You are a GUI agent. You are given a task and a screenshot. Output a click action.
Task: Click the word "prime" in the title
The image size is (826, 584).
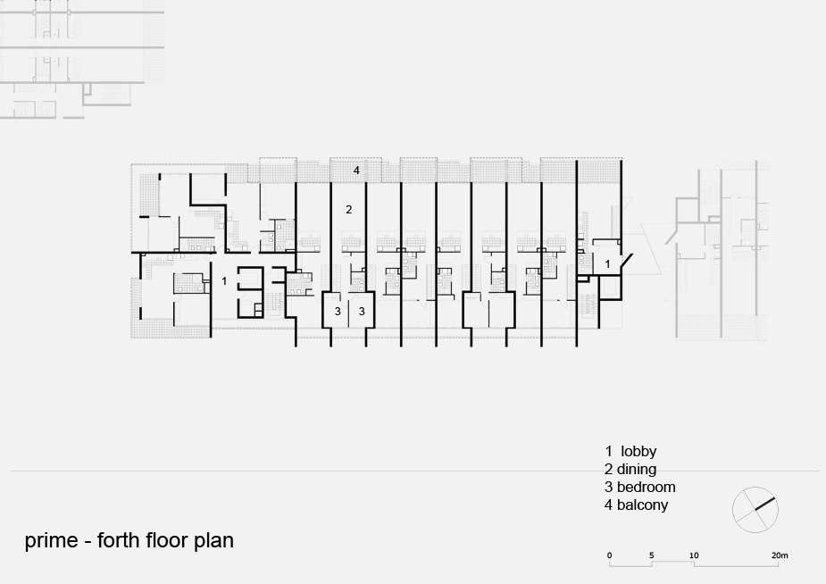(x=51, y=541)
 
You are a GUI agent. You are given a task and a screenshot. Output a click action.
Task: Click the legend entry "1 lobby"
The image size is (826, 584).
(x=630, y=451)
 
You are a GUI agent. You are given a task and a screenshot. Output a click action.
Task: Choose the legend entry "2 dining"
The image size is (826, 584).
(x=630, y=469)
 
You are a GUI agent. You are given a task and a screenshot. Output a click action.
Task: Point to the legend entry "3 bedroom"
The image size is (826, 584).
(x=640, y=487)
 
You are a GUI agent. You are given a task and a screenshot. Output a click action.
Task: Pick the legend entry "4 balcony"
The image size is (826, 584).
(x=637, y=505)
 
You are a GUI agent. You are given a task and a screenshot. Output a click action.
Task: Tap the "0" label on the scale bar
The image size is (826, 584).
(x=610, y=555)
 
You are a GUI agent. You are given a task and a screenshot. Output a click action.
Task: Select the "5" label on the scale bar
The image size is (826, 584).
(x=652, y=555)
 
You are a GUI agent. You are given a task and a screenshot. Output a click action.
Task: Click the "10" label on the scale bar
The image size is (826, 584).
(x=694, y=555)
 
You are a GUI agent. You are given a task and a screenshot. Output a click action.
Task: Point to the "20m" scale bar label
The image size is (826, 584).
(x=780, y=555)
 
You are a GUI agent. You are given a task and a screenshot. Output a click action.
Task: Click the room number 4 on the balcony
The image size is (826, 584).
(x=356, y=170)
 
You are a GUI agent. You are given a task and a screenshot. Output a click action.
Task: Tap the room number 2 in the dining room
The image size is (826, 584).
(x=349, y=210)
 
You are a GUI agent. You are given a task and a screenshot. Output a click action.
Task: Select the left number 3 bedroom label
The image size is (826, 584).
(x=338, y=312)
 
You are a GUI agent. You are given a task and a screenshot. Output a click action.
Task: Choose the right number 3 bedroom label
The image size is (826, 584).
(x=362, y=312)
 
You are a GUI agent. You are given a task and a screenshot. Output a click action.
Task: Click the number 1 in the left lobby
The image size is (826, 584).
(x=224, y=281)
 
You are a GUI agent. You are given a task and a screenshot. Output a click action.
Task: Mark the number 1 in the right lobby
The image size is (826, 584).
(x=607, y=263)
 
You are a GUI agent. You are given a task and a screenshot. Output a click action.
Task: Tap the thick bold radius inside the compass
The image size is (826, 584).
(x=765, y=504)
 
